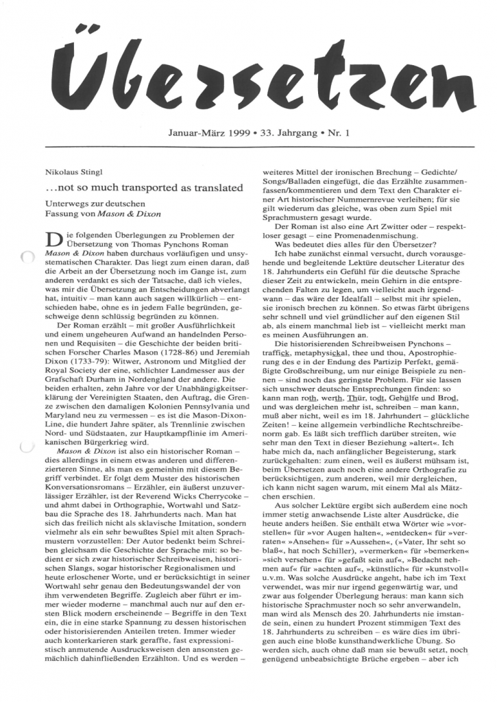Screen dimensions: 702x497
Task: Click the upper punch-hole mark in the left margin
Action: (x=27, y=258)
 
